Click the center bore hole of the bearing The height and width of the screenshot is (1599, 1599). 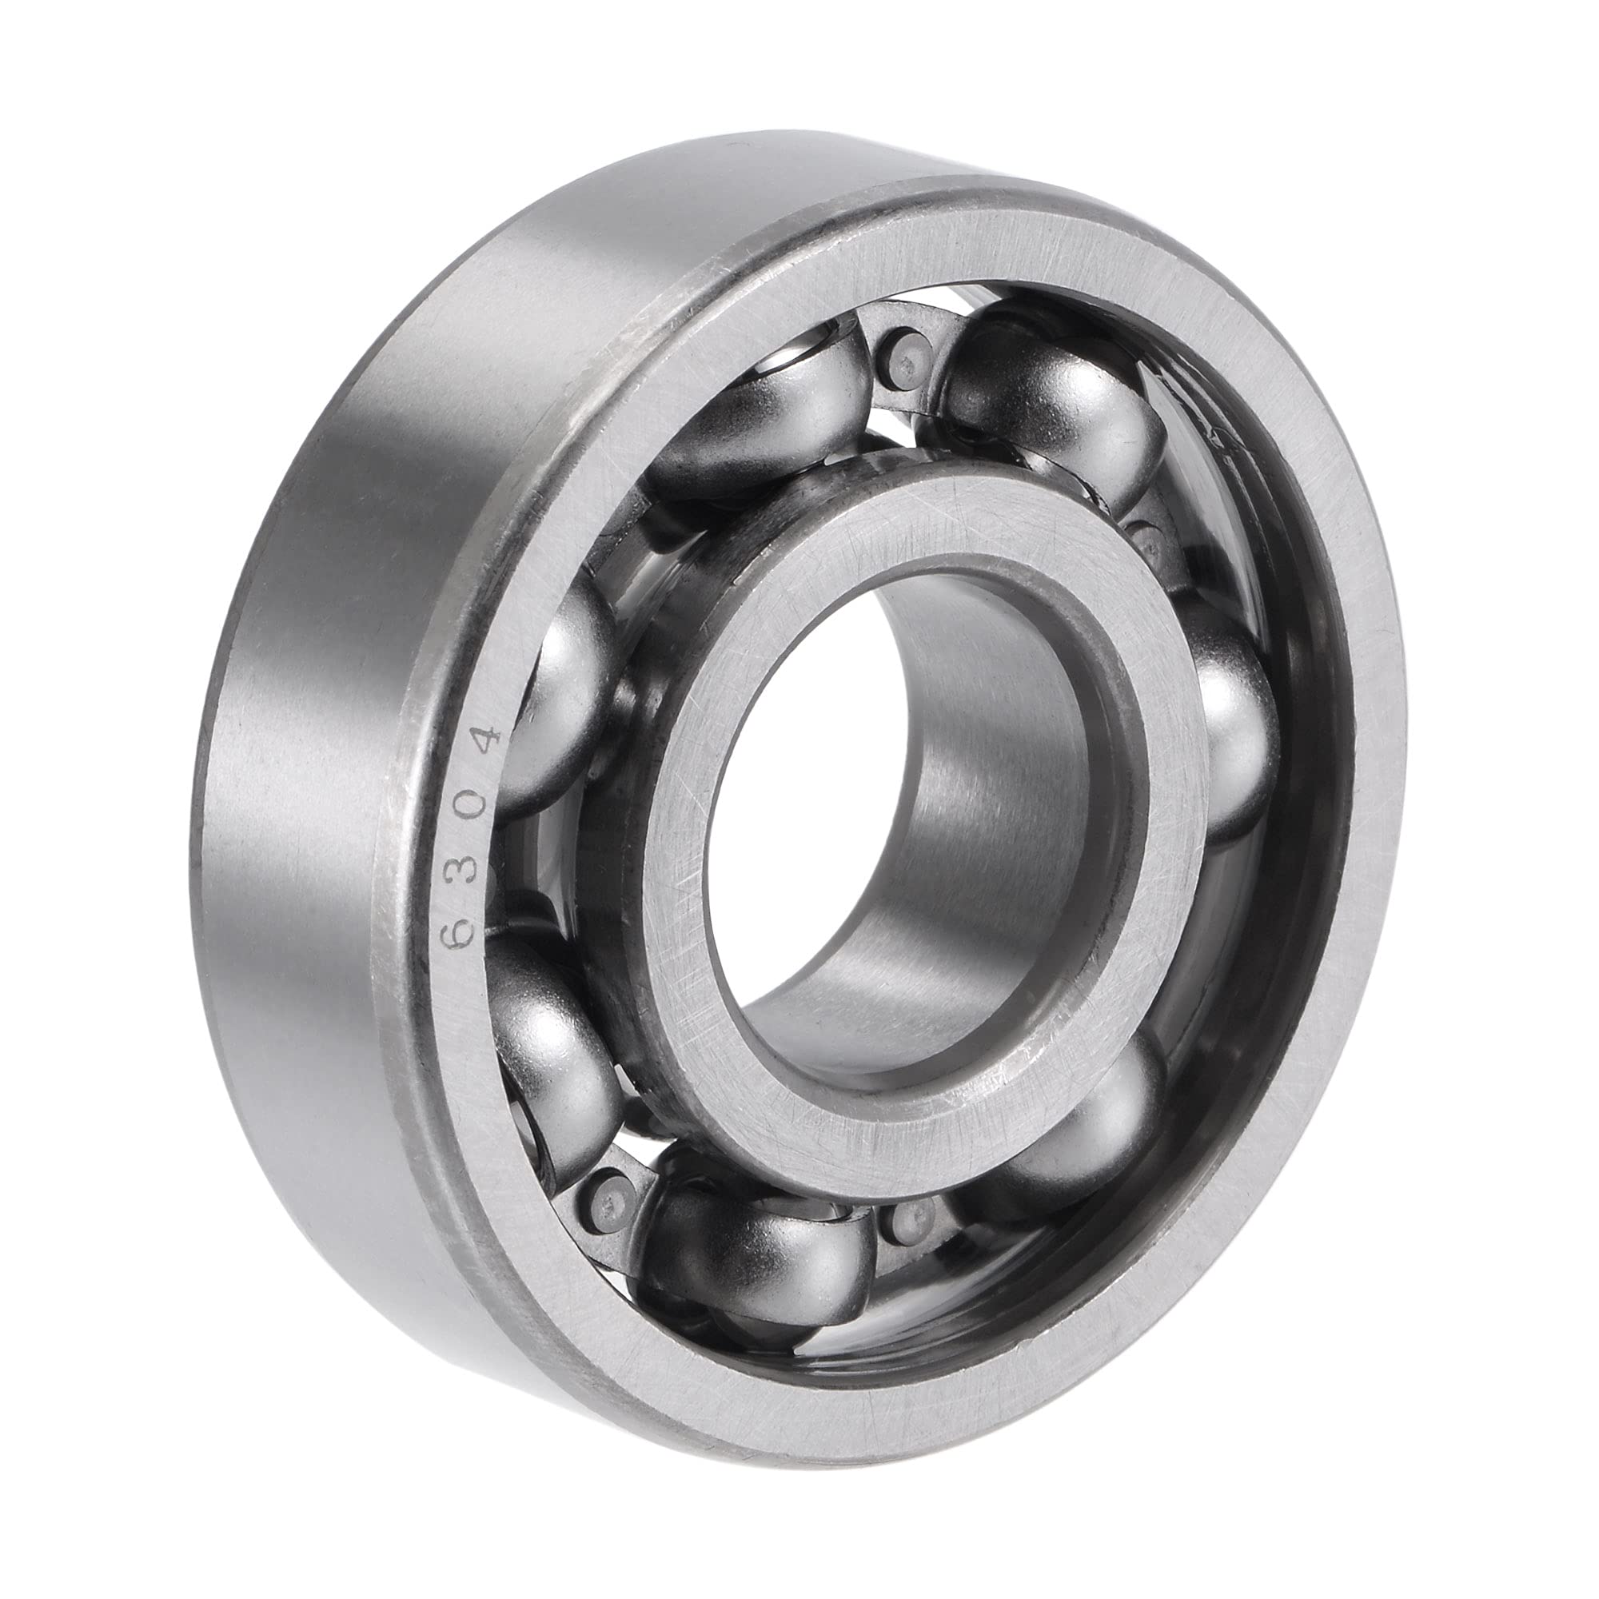coord(827,827)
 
